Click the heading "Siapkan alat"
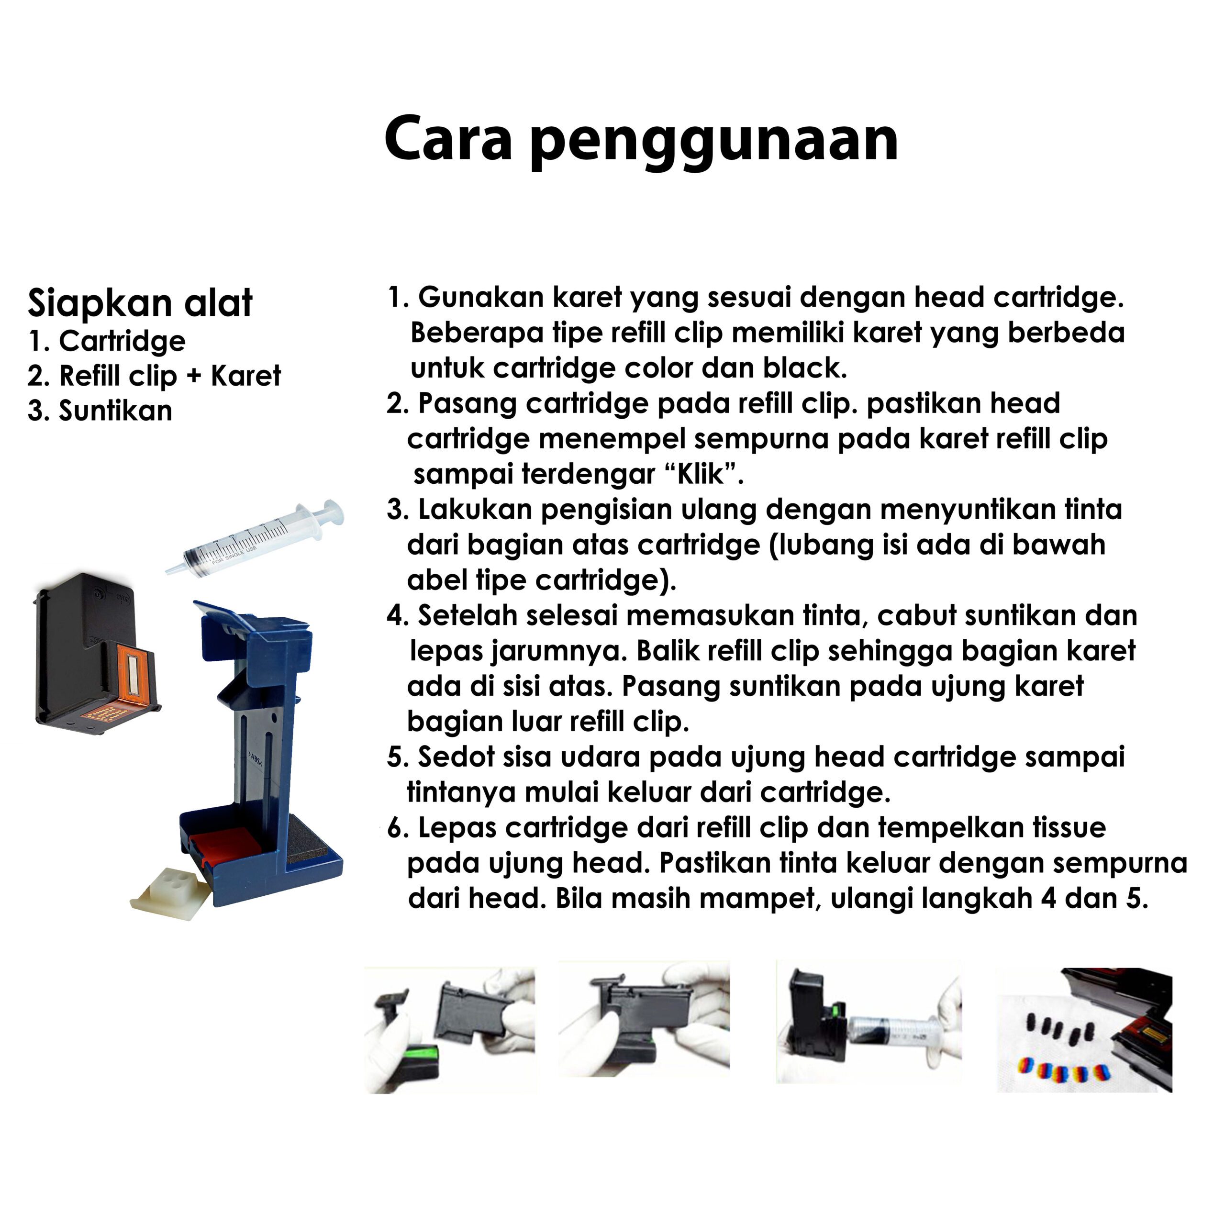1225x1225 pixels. (x=140, y=303)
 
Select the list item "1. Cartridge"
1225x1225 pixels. (x=107, y=341)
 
